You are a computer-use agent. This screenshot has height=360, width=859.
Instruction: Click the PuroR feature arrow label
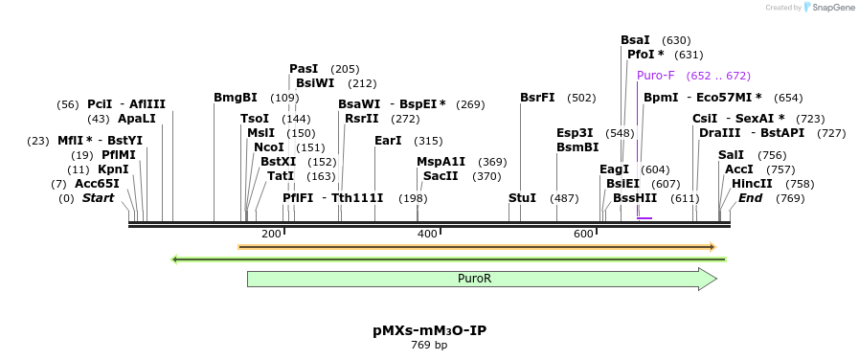474,279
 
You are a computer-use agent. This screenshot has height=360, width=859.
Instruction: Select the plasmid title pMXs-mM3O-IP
429,330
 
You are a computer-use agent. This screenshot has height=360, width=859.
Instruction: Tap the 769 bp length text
429,345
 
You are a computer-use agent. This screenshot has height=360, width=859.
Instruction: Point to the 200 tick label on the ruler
271,234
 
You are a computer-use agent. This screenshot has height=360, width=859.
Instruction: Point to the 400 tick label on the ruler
427,234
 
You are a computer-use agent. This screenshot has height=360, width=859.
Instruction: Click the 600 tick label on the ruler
583,234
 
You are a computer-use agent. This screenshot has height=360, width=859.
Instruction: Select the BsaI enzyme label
635,40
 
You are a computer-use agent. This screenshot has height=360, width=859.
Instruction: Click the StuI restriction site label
522,198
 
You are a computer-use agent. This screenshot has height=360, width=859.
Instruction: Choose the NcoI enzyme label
269,147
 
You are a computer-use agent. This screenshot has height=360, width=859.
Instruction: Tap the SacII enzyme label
441,176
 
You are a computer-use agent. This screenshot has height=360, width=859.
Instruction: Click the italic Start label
98,198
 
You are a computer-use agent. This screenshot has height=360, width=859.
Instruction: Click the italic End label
751,198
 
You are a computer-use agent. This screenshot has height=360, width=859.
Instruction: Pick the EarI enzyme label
388,141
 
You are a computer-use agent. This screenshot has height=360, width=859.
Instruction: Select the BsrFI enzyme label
537,98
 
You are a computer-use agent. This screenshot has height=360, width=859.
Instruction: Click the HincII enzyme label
752,184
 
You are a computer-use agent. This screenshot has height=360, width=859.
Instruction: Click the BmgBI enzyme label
236,98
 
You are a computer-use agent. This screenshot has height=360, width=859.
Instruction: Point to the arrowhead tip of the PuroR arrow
716,279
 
